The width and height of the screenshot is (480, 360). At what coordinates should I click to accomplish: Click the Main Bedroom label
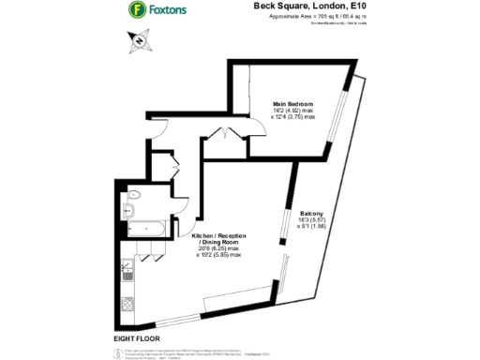tap(292, 102)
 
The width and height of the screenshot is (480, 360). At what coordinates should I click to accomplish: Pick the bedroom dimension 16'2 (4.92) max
tap(292, 111)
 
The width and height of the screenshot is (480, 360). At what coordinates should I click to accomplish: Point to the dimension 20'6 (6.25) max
tap(220, 248)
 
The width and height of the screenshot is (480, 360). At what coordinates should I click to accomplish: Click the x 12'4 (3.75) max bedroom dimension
tap(292, 118)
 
